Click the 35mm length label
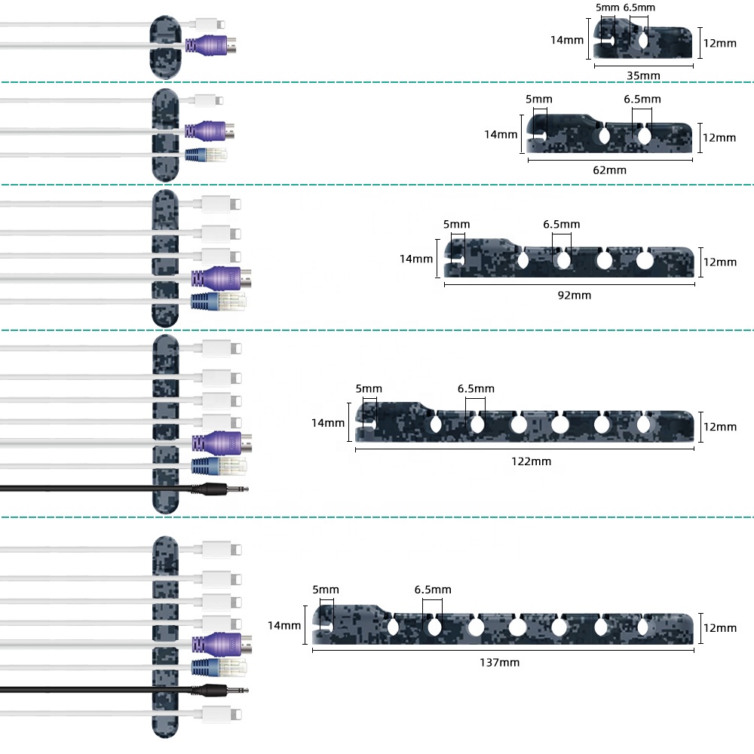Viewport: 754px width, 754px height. pyautogui.click(x=643, y=75)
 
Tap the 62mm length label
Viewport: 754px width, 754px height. pyautogui.click(x=609, y=170)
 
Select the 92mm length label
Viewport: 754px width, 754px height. pyautogui.click(x=574, y=295)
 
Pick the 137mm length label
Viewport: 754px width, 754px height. pyautogui.click(x=499, y=662)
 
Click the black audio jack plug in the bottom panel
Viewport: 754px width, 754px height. pyautogui.click(x=222, y=689)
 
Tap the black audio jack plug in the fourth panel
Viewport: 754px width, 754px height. pyautogui.click(x=222, y=489)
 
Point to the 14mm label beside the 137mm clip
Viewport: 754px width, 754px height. pyautogui.click(x=284, y=625)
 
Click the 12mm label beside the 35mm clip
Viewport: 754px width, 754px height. pyautogui.click(x=719, y=43)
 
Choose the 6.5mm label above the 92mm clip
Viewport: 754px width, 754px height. pyautogui.click(x=562, y=224)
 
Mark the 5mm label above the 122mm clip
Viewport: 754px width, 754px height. pyautogui.click(x=369, y=388)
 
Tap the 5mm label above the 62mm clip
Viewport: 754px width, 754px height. pyautogui.click(x=539, y=99)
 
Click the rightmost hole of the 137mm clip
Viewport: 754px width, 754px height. pyautogui.click(x=643, y=627)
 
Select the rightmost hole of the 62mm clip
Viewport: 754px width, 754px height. pyautogui.click(x=643, y=136)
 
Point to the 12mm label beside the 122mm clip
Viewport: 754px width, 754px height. pyautogui.click(x=719, y=426)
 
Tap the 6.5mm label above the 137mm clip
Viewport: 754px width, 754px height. pyautogui.click(x=433, y=589)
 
